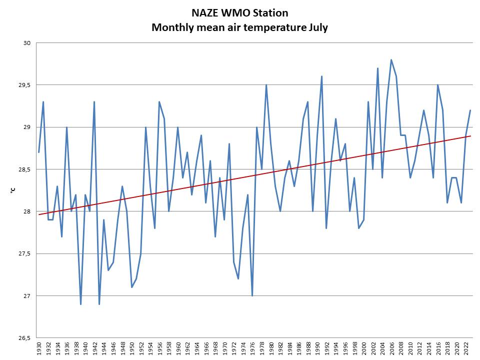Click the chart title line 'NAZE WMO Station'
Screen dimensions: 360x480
click(239, 12)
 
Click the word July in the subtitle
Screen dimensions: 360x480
click(315, 27)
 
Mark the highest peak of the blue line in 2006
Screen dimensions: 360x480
click(391, 60)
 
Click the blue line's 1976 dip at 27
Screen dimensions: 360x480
click(252, 295)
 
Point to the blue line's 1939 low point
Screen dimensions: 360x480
click(80, 304)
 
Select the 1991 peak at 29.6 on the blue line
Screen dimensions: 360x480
click(321, 76)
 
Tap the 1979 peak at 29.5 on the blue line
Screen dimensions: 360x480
click(266, 85)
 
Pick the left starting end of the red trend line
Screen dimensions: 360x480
click(38, 214)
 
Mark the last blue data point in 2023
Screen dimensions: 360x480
click(470, 110)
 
